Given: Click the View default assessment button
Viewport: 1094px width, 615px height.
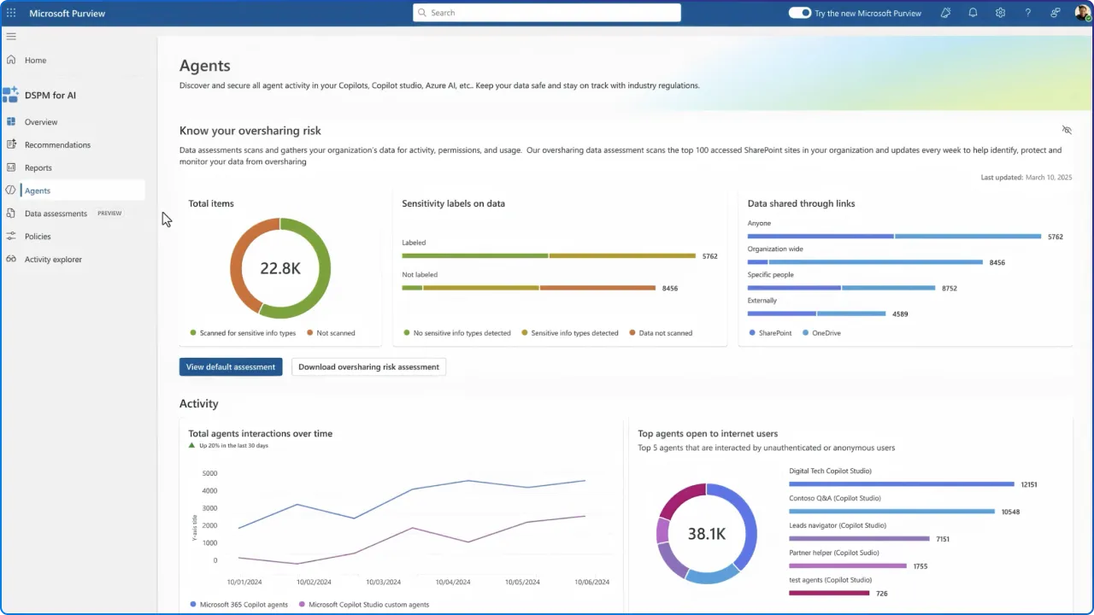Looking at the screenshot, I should [x=230, y=366].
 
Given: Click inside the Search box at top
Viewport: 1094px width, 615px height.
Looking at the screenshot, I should [x=547, y=13].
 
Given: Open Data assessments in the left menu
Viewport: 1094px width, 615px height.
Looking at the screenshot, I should [x=56, y=214].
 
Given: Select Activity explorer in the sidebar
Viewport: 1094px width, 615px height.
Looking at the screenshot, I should [x=53, y=259].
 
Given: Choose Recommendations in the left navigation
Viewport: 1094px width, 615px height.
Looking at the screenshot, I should [x=57, y=144].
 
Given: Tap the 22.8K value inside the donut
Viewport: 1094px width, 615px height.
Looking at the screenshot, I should [x=279, y=268].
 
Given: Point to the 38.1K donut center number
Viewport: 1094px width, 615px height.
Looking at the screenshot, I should [x=706, y=534].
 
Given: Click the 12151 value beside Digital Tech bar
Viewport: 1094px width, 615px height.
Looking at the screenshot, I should [x=1029, y=484].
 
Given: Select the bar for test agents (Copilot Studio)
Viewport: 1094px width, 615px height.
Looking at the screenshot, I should [x=829, y=593].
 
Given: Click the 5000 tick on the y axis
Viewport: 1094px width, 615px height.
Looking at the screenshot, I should [x=209, y=473].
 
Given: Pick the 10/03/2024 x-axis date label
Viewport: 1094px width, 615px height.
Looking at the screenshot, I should [x=383, y=582].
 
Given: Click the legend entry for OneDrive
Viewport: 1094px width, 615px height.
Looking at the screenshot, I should [x=826, y=332].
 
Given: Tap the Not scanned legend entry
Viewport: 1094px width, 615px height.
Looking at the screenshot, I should [x=335, y=332].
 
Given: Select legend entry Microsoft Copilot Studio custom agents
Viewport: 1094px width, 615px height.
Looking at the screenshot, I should [x=368, y=604].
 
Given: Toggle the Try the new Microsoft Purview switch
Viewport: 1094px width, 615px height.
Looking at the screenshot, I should [x=799, y=13].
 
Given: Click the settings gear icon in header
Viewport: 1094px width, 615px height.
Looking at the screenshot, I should [x=1000, y=13].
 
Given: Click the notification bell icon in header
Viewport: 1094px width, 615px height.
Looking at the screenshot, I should [x=973, y=13].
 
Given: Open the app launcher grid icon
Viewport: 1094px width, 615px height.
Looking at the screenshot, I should [x=11, y=13].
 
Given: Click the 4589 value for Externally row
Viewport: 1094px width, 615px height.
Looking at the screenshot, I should [x=900, y=313].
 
